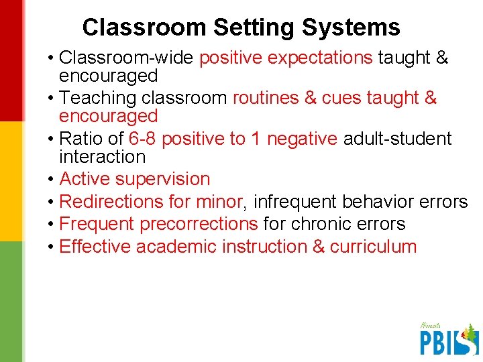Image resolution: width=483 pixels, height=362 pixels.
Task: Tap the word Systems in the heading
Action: (x=351, y=27)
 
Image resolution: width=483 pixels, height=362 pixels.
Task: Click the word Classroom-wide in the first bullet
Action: (x=127, y=58)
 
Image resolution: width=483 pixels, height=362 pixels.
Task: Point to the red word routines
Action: (x=266, y=98)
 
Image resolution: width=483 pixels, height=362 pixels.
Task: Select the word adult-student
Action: (x=397, y=139)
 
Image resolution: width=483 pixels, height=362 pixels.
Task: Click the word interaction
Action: (x=102, y=157)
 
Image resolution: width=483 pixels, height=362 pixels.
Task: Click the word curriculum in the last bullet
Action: (x=373, y=247)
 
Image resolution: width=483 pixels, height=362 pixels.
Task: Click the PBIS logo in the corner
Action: (x=448, y=339)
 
